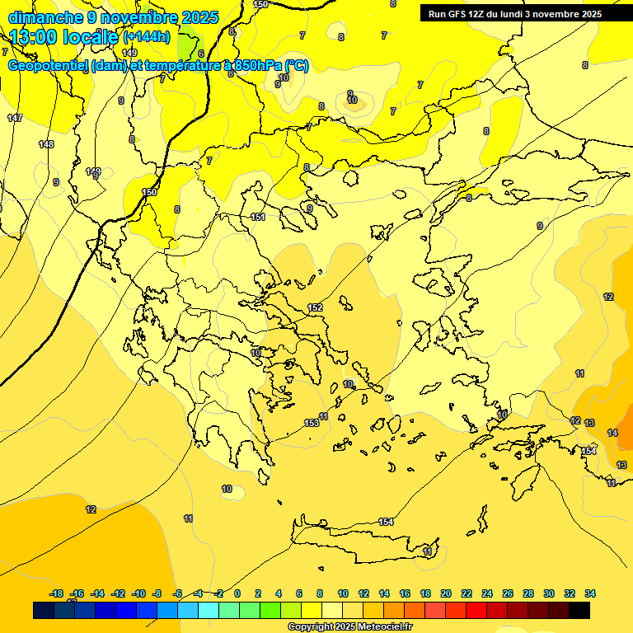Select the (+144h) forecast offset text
click(146, 37)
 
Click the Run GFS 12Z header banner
click(514, 14)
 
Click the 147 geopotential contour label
click(15, 119)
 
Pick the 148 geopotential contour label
click(46, 145)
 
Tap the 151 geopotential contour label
click(258, 217)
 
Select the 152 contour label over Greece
click(315, 307)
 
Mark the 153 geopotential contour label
click(312, 423)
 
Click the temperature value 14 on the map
click(612, 433)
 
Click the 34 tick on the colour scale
click(590, 593)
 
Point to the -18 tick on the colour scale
click(56, 593)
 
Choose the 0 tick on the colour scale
click(237, 593)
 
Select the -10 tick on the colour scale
click(138, 593)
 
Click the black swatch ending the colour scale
click(579, 611)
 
